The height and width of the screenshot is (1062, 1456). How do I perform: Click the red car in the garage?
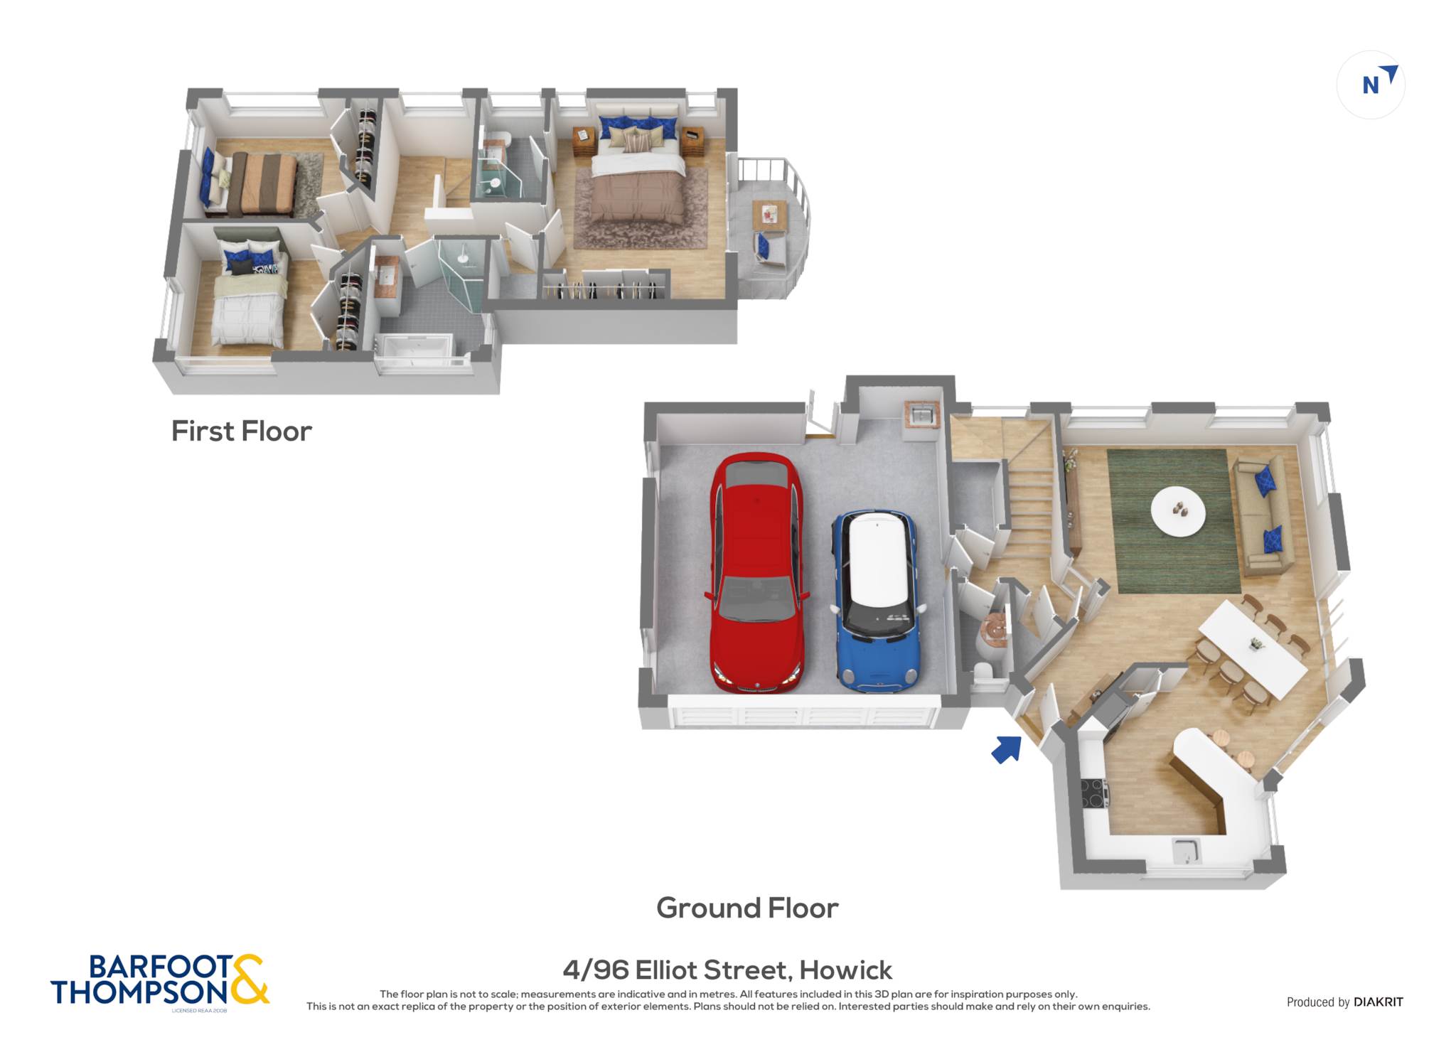click(757, 573)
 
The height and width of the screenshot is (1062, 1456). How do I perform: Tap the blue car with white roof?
click(878, 601)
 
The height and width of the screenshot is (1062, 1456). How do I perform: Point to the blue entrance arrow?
click(1006, 749)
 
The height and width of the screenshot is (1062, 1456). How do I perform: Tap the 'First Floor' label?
click(242, 431)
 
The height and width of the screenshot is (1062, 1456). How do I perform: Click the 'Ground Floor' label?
click(747, 908)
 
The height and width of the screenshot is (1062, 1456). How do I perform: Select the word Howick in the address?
click(845, 970)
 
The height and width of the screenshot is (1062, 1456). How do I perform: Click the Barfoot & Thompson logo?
click(160, 981)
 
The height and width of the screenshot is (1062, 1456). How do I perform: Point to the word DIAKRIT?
click(1379, 1002)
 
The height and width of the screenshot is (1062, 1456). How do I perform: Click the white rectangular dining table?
click(1253, 649)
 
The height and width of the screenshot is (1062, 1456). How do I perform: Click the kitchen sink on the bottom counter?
click(1186, 851)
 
